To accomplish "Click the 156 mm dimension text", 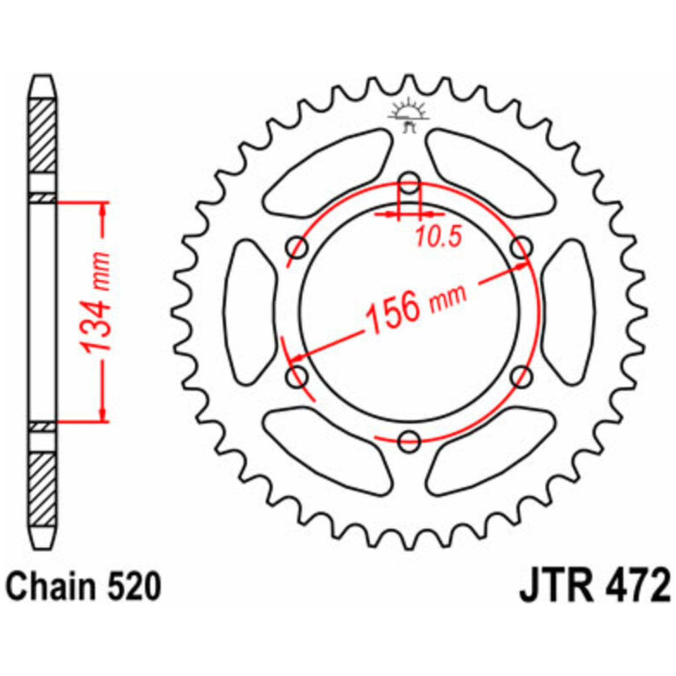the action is (x=415, y=306).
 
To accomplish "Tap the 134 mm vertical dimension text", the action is (x=95, y=302).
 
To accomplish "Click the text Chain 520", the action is (x=84, y=586).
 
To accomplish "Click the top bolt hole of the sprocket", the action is (x=410, y=183).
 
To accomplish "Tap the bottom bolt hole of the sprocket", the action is (x=410, y=440).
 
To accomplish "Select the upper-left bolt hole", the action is (x=297, y=247).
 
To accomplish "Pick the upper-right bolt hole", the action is (x=522, y=247).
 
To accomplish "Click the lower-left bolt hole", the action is (x=297, y=376).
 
